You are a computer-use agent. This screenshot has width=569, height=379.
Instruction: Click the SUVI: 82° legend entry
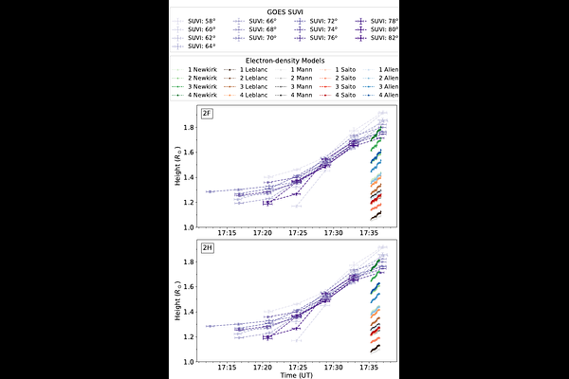coord(379,37)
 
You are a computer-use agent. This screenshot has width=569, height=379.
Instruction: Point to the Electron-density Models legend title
coord(284,61)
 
